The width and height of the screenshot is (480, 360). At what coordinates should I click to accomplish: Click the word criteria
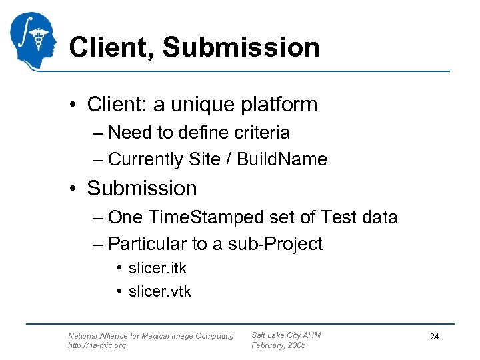[260, 133]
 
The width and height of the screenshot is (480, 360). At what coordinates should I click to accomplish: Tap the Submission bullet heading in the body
[142, 189]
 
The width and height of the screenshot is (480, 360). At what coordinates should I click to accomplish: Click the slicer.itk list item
[157, 269]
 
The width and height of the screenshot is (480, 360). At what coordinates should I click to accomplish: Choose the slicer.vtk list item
[159, 291]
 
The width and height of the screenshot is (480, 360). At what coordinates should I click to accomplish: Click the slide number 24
[435, 337]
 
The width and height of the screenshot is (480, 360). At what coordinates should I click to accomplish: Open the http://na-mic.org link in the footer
[97, 345]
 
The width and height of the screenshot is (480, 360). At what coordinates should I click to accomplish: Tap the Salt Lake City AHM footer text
[286, 335]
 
